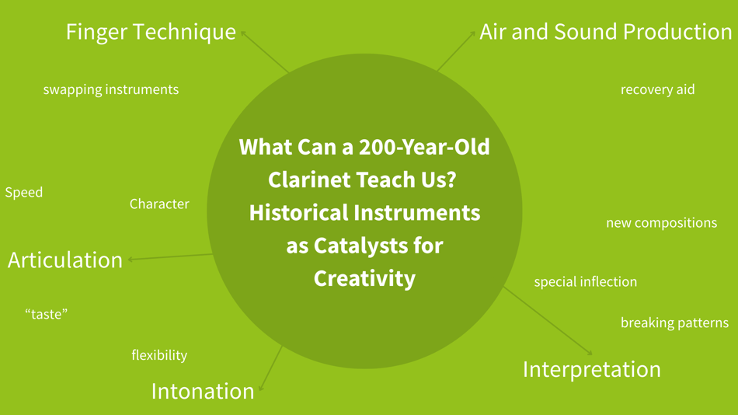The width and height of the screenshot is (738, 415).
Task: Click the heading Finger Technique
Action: [151, 32]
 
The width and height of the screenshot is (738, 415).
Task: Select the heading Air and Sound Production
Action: [605, 32]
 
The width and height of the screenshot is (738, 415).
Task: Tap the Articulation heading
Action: [65, 260]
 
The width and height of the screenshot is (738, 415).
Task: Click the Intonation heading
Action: [203, 391]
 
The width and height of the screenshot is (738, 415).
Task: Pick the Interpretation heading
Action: [591, 369]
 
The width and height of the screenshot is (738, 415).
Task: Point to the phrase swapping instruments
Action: [110, 89]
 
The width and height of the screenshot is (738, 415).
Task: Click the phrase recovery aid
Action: [657, 89]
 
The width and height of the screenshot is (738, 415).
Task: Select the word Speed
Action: [24, 192]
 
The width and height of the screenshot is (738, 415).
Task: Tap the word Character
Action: [159, 204]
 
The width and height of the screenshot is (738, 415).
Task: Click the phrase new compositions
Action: [661, 223]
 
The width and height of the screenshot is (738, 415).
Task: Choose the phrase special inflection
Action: [585, 281]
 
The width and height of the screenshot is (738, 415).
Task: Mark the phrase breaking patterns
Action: [674, 323]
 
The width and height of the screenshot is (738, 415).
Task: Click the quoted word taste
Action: [47, 314]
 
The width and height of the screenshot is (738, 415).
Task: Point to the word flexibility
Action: [159, 355]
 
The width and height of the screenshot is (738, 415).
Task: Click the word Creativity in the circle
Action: [364, 278]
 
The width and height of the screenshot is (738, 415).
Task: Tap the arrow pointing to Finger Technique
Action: [265, 51]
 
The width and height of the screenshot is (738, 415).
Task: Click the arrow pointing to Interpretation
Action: [548, 321]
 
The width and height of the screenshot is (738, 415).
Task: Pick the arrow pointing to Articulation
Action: [171, 257]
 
